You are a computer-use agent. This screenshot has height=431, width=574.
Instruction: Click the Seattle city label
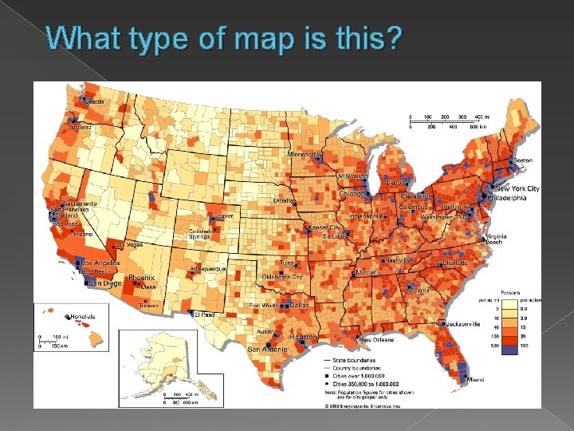pos(95,101)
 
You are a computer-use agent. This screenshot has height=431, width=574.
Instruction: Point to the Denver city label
pos(223,216)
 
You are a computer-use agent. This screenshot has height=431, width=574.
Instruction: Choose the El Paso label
pos(206,314)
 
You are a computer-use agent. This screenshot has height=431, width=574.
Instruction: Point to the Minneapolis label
pos(305,153)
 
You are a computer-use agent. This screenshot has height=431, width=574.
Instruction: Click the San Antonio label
pos(266,350)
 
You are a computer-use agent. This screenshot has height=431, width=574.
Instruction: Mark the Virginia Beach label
pos(496,239)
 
